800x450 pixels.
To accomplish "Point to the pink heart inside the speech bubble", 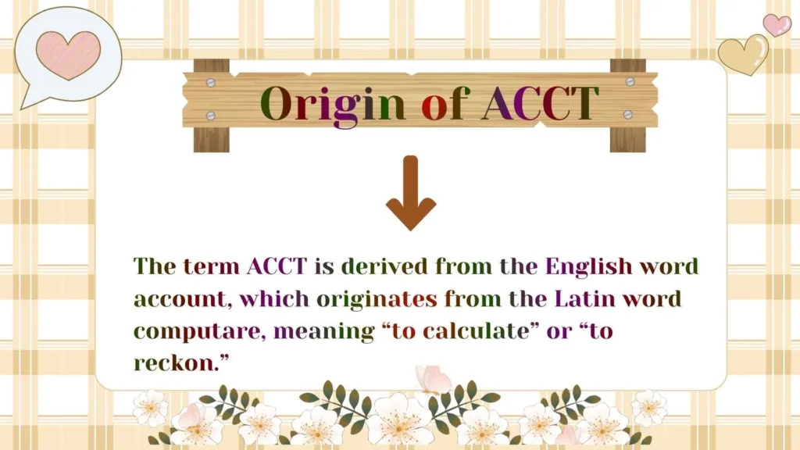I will (68, 54).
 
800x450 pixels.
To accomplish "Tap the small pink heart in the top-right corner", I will (777, 24).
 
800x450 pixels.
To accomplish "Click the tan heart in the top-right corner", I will (743, 54).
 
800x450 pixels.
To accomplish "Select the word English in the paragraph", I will (588, 266).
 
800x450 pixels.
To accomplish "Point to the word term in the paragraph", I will (211, 266).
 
